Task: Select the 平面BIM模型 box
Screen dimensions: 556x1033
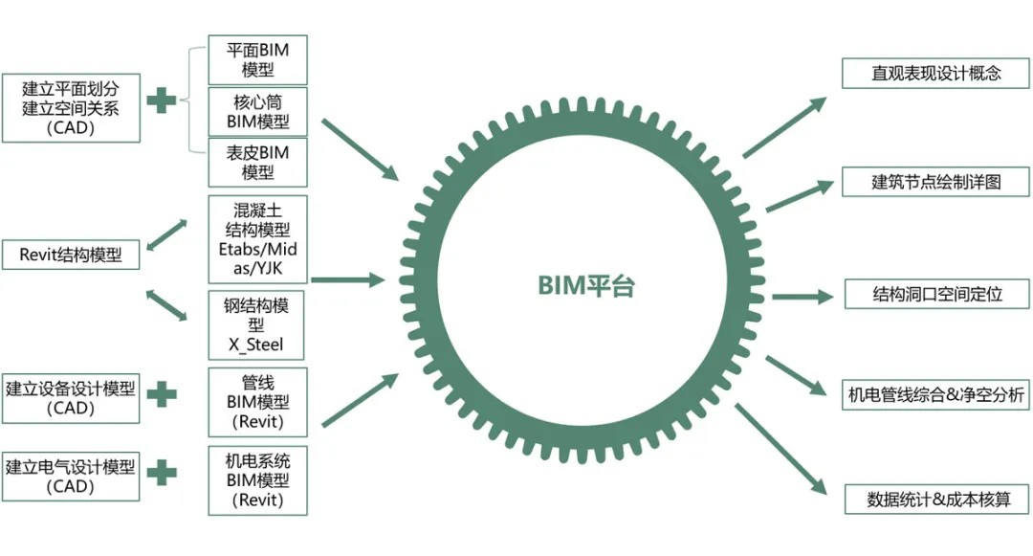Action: click(x=257, y=59)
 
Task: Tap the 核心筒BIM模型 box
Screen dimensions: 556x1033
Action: click(x=257, y=111)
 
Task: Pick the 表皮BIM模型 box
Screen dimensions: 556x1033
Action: click(x=257, y=163)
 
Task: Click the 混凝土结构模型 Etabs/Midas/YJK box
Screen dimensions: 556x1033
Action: click(x=257, y=239)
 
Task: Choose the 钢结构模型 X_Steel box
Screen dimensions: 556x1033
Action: click(x=257, y=325)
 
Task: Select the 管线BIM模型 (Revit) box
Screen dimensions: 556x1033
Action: click(x=257, y=402)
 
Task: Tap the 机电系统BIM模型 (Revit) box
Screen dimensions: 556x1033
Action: click(x=257, y=479)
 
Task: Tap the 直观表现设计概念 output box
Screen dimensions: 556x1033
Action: click(x=935, y=74)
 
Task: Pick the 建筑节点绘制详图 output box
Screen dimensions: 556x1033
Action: click(x=935, y=182)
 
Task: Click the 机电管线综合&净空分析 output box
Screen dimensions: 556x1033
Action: click(x=935, y=394)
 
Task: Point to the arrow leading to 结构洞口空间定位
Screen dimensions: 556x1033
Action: click(x=802, y=297)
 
